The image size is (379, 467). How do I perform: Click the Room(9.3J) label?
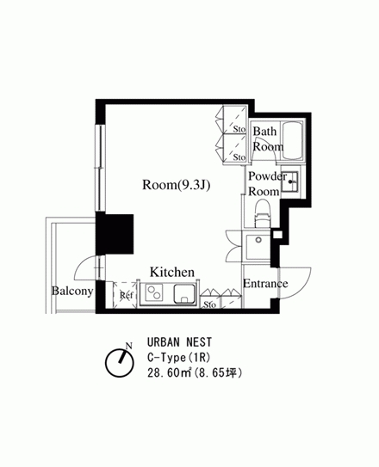point(177,185)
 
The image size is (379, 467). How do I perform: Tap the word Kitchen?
point(172,272)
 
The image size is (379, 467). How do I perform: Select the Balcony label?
point(72,291)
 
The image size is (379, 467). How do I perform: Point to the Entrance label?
point(265,283)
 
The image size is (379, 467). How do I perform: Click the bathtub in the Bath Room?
point(293,140)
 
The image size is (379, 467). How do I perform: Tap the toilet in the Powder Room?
point(262,214)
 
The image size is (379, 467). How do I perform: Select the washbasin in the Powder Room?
point(289,181)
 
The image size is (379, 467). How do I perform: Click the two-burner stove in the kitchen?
point(154,292)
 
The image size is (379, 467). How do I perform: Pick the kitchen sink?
point(184,294)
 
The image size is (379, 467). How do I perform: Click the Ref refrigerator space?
point(125,295)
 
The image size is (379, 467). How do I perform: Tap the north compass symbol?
point(120,362)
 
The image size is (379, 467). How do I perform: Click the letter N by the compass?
point(129,346)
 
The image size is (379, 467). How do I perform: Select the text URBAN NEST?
point(179,342)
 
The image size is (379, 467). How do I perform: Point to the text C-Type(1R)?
point(179,358)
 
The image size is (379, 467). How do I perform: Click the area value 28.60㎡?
point(169,373)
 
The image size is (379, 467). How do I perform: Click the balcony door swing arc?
point(80,266)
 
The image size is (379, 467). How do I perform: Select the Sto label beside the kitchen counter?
point(209,304)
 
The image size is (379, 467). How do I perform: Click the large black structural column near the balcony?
point(115,235)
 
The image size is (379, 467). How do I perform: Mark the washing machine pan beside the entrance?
point(258,247)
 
